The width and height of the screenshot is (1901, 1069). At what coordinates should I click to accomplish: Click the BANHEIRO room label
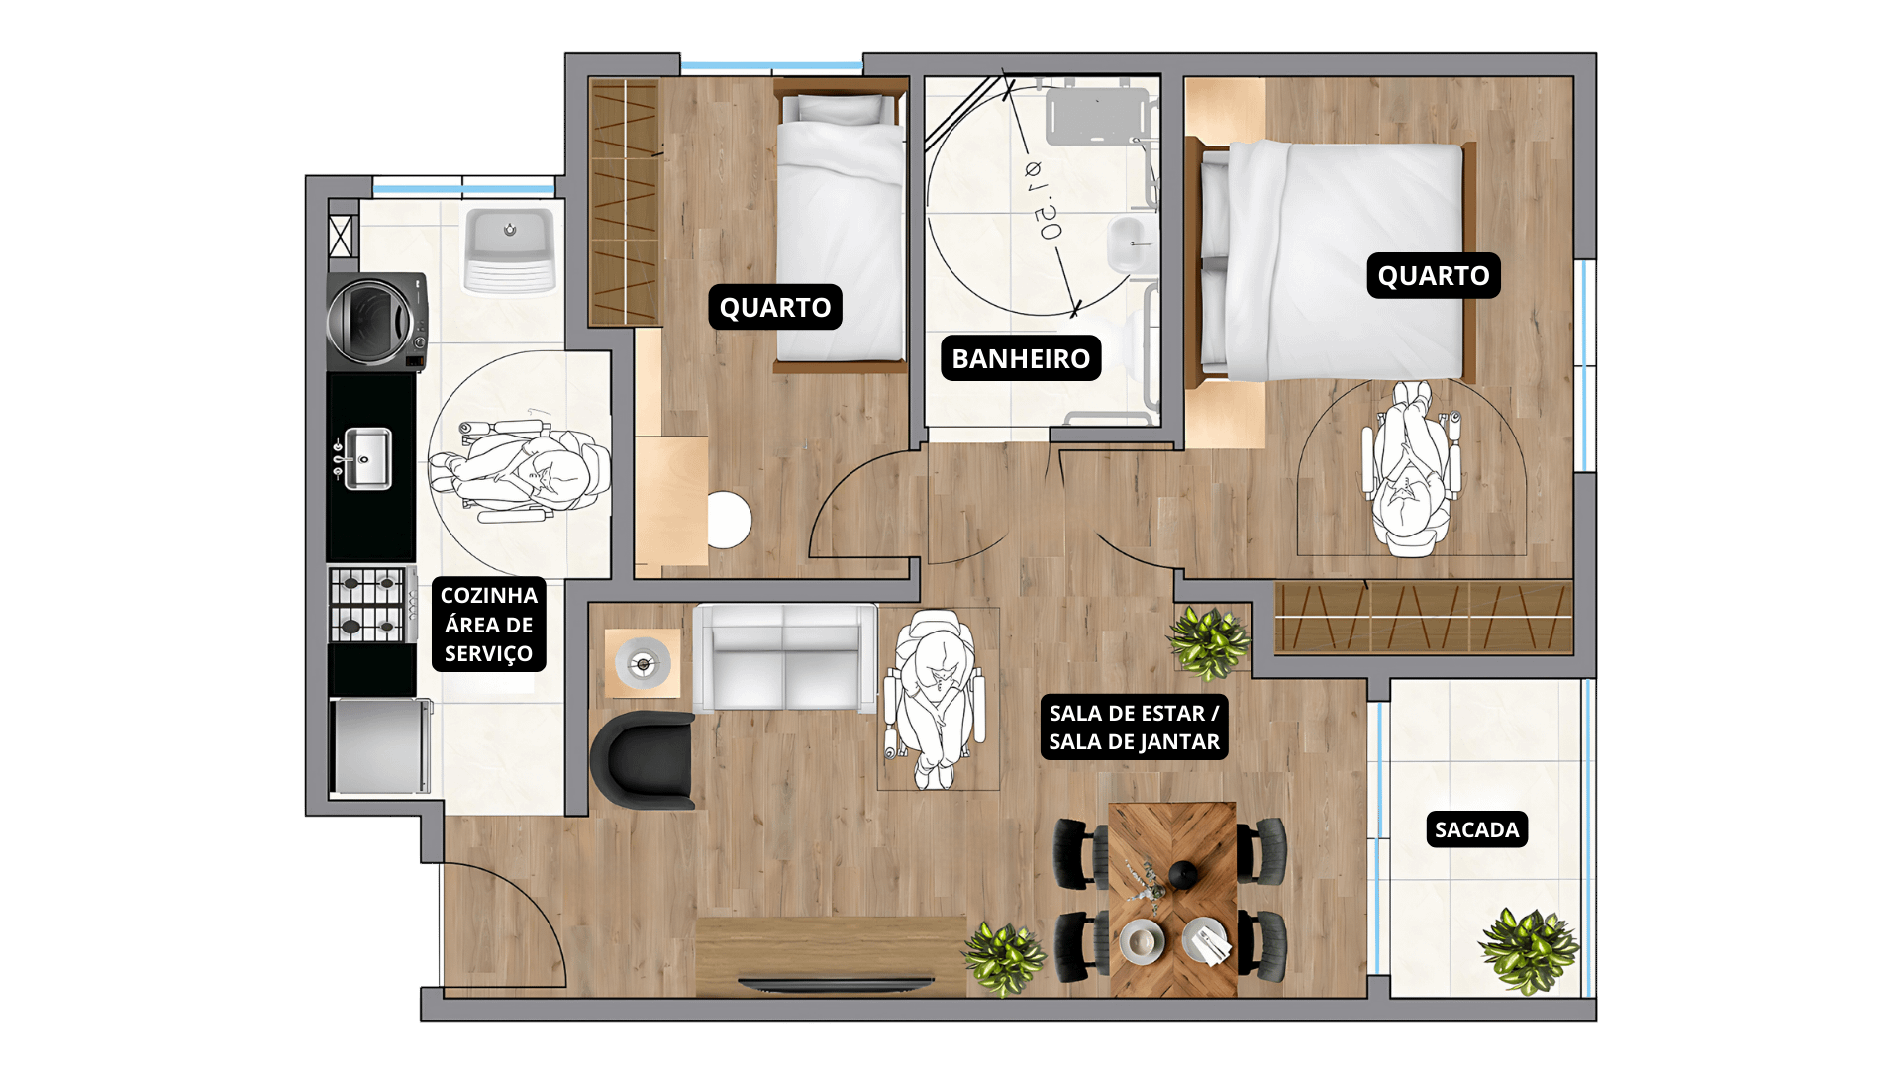pyautogui.click(x=1021, y=358)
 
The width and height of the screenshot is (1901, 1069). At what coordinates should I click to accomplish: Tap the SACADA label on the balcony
pyautogui.click(x=1476, y=829)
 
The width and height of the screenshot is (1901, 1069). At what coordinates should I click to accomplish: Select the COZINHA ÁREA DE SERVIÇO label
pyautogui.click(x=488, y=625)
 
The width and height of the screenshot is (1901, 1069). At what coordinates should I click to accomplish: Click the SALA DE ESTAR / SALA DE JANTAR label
pyautogui.click(x=1134, y=728)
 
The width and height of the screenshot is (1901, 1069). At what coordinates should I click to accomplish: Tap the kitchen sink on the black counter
pyautogui.click(x=364, y=458)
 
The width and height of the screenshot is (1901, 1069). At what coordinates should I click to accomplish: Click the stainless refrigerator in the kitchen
pyautogui.click(x=381, y=746)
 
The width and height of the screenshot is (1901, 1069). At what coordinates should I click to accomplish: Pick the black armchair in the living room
pyautogui.click(x=643, y=759)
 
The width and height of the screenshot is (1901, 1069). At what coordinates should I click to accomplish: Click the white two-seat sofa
pyautogui.click(x=784, y=658)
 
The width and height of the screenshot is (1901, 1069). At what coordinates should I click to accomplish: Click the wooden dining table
pyautogui.click(x=1172, y=899)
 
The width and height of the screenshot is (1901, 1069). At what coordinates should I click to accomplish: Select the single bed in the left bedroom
pyautogui.click(x=841, y=227)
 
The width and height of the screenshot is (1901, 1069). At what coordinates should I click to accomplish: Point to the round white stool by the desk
pyautogui.click(x=730, y=520)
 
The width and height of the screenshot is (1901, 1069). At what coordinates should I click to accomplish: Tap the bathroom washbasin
pyautogui.click(x=1129, y=243)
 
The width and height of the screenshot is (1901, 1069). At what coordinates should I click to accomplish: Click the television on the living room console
pyautogui.click(x=836, y=983)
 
